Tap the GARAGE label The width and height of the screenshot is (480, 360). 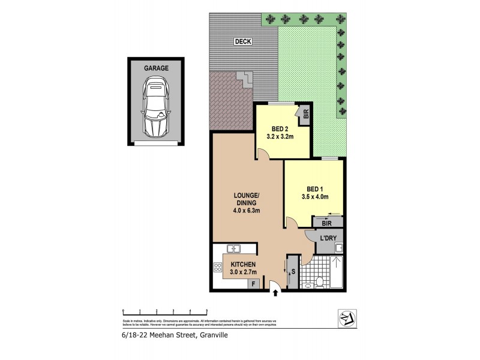point(155,68)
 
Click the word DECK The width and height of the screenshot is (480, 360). point(243,41)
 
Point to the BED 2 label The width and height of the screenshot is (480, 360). point(280,128)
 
